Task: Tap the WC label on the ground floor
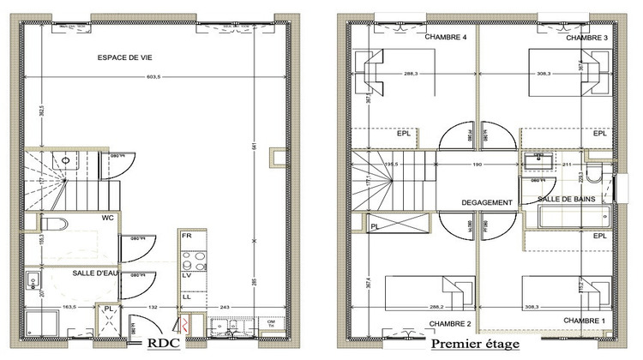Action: tap(108, 218)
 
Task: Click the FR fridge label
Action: tap(186, 235)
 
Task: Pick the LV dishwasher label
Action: tap(186, 276)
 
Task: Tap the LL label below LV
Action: tap(186, 297)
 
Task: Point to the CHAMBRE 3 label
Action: tap(586, 39)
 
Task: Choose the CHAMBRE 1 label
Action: tap(585, 320)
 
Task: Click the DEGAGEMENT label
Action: tap(487, 203)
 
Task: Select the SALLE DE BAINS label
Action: tap(568, 199)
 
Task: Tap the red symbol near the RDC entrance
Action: tap(183, 324)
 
